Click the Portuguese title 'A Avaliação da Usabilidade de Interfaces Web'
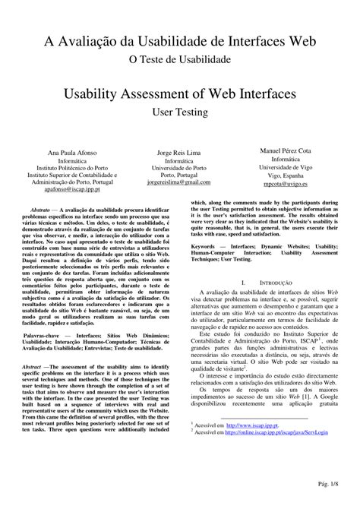click(179, 39)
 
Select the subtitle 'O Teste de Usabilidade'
click(179, 58)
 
